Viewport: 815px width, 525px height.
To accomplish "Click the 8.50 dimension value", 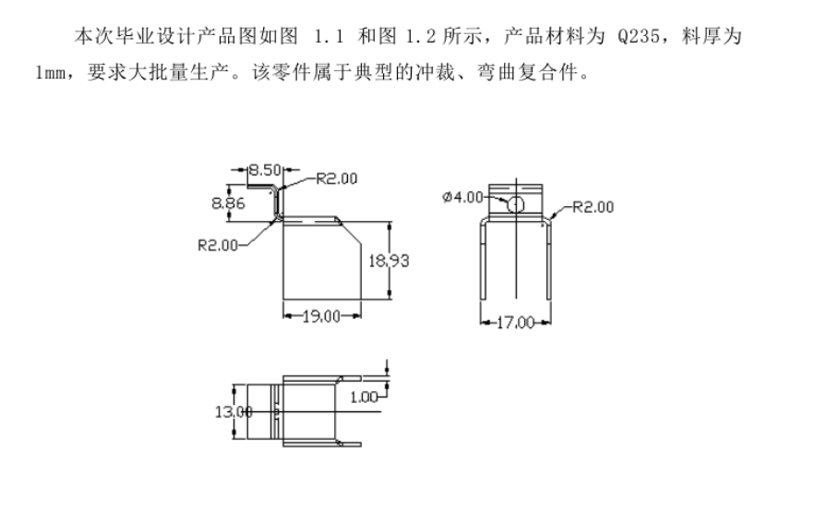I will pyautogui.click(x=264, y=170).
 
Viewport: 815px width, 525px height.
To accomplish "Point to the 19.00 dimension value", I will pyautogui.click(x=319, y=316).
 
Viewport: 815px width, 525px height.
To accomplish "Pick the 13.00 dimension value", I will pyautogui.click(x=233, y=411).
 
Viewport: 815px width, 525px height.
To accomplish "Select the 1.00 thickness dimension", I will pyautogui.click(x=365, y=397).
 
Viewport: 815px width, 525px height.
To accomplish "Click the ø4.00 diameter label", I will pyautogui.click(x=462, y=197).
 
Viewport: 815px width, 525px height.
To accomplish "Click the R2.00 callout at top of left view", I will pyautogui.click(x=337, y=178).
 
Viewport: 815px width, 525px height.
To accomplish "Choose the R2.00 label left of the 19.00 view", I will pyautogui.click(x=218, y=245).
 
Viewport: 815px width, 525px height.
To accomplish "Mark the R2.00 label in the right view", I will pyautogui.click(x=592, y=206).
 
